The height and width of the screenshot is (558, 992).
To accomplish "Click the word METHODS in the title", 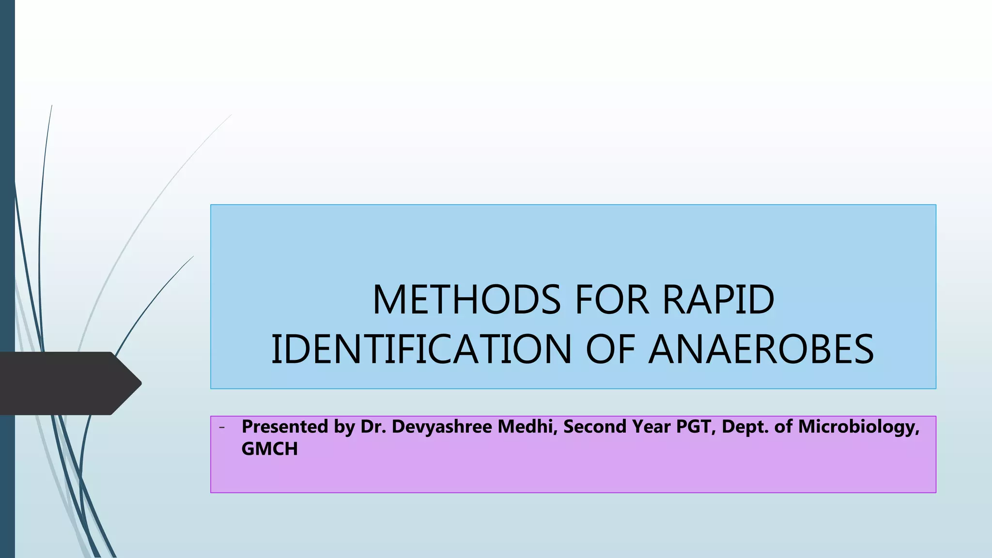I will point(466,300).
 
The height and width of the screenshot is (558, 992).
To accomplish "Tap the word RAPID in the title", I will point(718,300).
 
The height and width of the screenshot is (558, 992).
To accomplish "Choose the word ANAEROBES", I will point(761,349).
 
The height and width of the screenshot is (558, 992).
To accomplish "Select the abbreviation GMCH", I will point(269,449).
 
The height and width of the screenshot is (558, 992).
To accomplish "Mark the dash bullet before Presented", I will point(222,427).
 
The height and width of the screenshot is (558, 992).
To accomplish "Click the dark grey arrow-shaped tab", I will point(68,383).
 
